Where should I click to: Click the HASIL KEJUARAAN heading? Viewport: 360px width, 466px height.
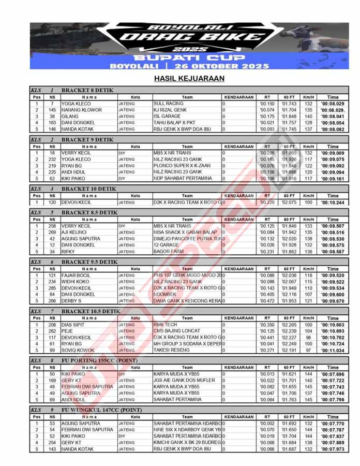pyautogui.click(x=189, y=79)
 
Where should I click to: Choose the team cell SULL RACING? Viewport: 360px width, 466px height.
pyautogui.click(x=168, y=104)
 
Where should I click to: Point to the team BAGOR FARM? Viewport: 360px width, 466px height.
pyautogui.click(x=169, y=252)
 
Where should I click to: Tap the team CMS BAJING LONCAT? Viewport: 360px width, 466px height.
pyautogui.click(x=176, y=331)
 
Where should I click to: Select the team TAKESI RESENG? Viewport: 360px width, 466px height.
pyautogui.click(x=171, y=350)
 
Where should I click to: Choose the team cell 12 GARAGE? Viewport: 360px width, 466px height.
pyautogui.click(x=166, y=245)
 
